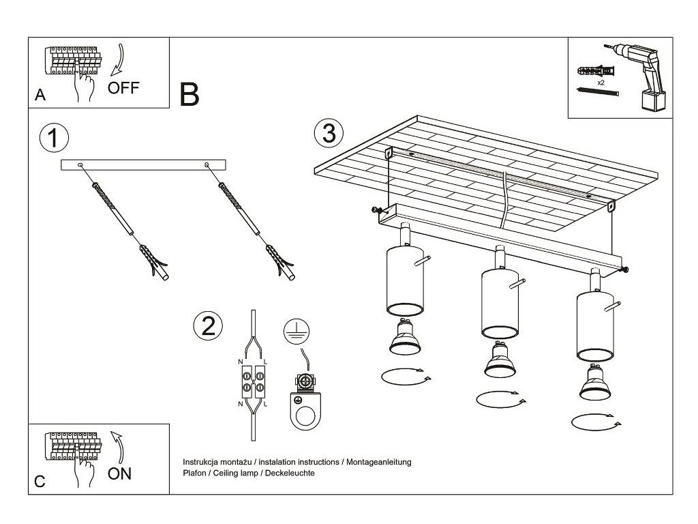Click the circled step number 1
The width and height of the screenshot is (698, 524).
pyautogui.click(x=55, y=138)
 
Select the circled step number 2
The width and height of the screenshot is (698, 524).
pyautogui.click(x=208, y=325)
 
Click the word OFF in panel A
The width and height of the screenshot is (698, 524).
pyautogui.click(x=123, y=87)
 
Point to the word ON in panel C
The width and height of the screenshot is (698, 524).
pyautogui.click(x=120, y=474)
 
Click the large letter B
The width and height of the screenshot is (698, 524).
pyautogui.click(x=189, y=95)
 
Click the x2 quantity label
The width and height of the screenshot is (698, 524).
pyautogui.click(x=601, y=82)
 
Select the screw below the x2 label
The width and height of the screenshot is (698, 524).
pyautogui.click(x=598, y=91)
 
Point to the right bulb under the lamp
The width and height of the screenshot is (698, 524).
pyautogui.click(x=594, y=385)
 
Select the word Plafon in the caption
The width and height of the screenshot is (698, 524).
pyautogui.click(x=194, y=473)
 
